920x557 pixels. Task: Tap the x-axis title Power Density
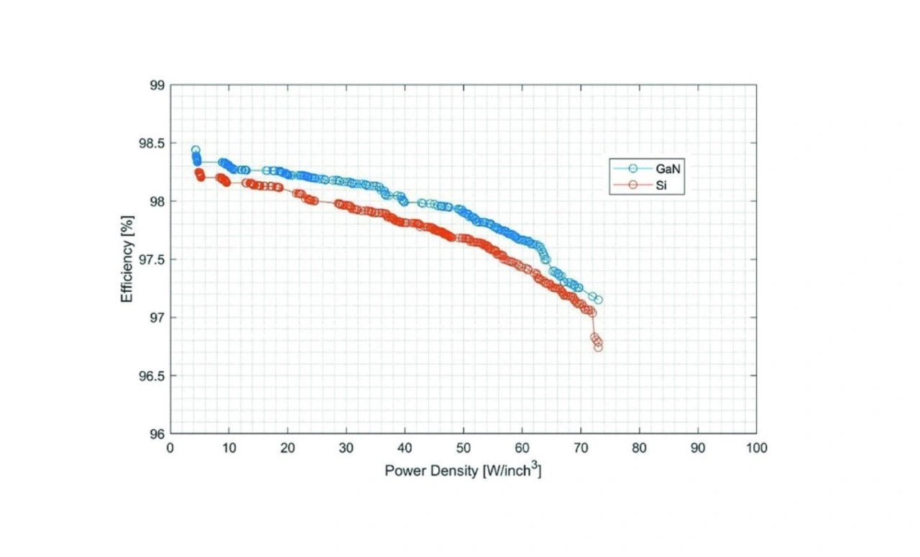pos(463,471)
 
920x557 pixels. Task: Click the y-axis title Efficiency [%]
pos(127,259)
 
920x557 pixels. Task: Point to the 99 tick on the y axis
pos(157,86)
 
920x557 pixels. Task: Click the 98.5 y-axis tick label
pos(152,144)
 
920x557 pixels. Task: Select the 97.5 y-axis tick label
pos(152,259)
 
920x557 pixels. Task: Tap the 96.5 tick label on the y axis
pos(152,376)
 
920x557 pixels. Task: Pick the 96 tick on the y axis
pos(157,434)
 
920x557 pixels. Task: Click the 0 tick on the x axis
pos(170,448)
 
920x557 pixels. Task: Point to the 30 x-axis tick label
pos(346,448)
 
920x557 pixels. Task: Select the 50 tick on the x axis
pos(464,448)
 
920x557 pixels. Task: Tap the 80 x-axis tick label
pos(639,448)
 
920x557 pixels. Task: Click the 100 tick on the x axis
pos(756,448)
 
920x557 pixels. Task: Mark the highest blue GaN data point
pos(195,150)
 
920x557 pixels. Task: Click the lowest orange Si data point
pos(598,347)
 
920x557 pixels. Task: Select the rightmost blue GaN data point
pos(598,300)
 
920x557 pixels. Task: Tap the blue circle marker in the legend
pos(633,168)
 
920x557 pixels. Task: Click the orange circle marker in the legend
pos(633,185)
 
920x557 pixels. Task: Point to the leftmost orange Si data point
pos(198,172)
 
